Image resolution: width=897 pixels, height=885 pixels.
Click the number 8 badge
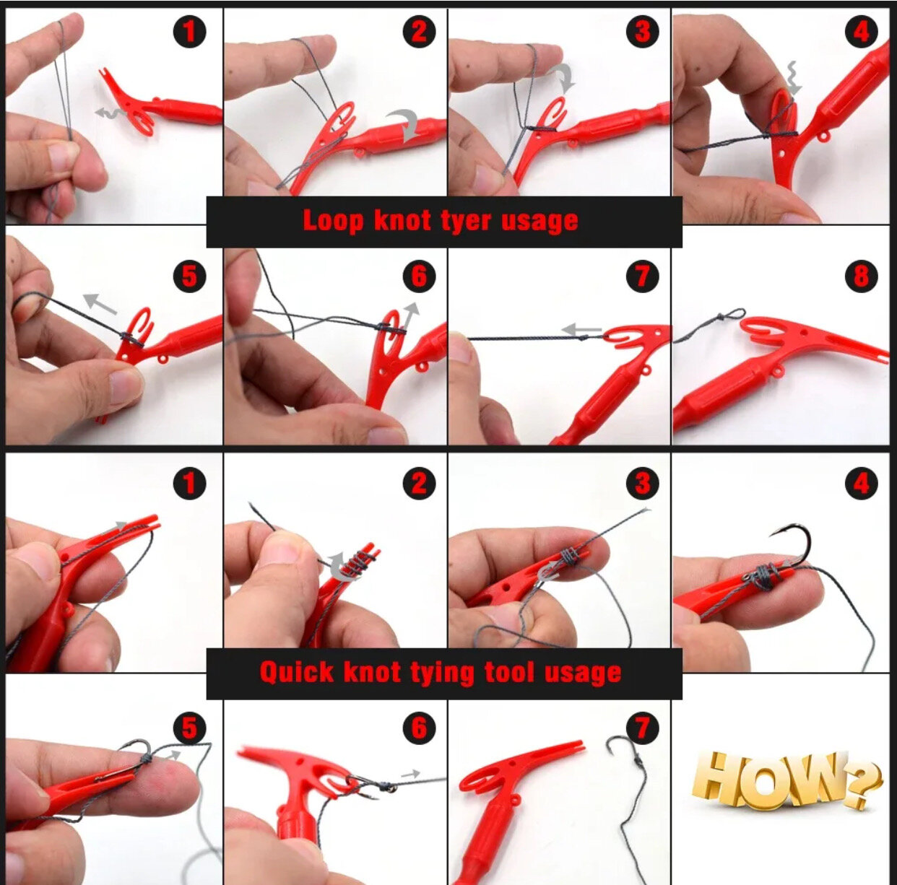pos(861,276)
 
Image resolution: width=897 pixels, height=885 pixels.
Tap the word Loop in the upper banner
pos(332,220)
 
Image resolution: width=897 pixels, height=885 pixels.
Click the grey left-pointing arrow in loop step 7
pos(582,330)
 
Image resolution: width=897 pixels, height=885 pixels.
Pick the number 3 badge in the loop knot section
pos(642,31)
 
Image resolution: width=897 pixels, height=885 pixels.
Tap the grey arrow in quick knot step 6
pos(410,775)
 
